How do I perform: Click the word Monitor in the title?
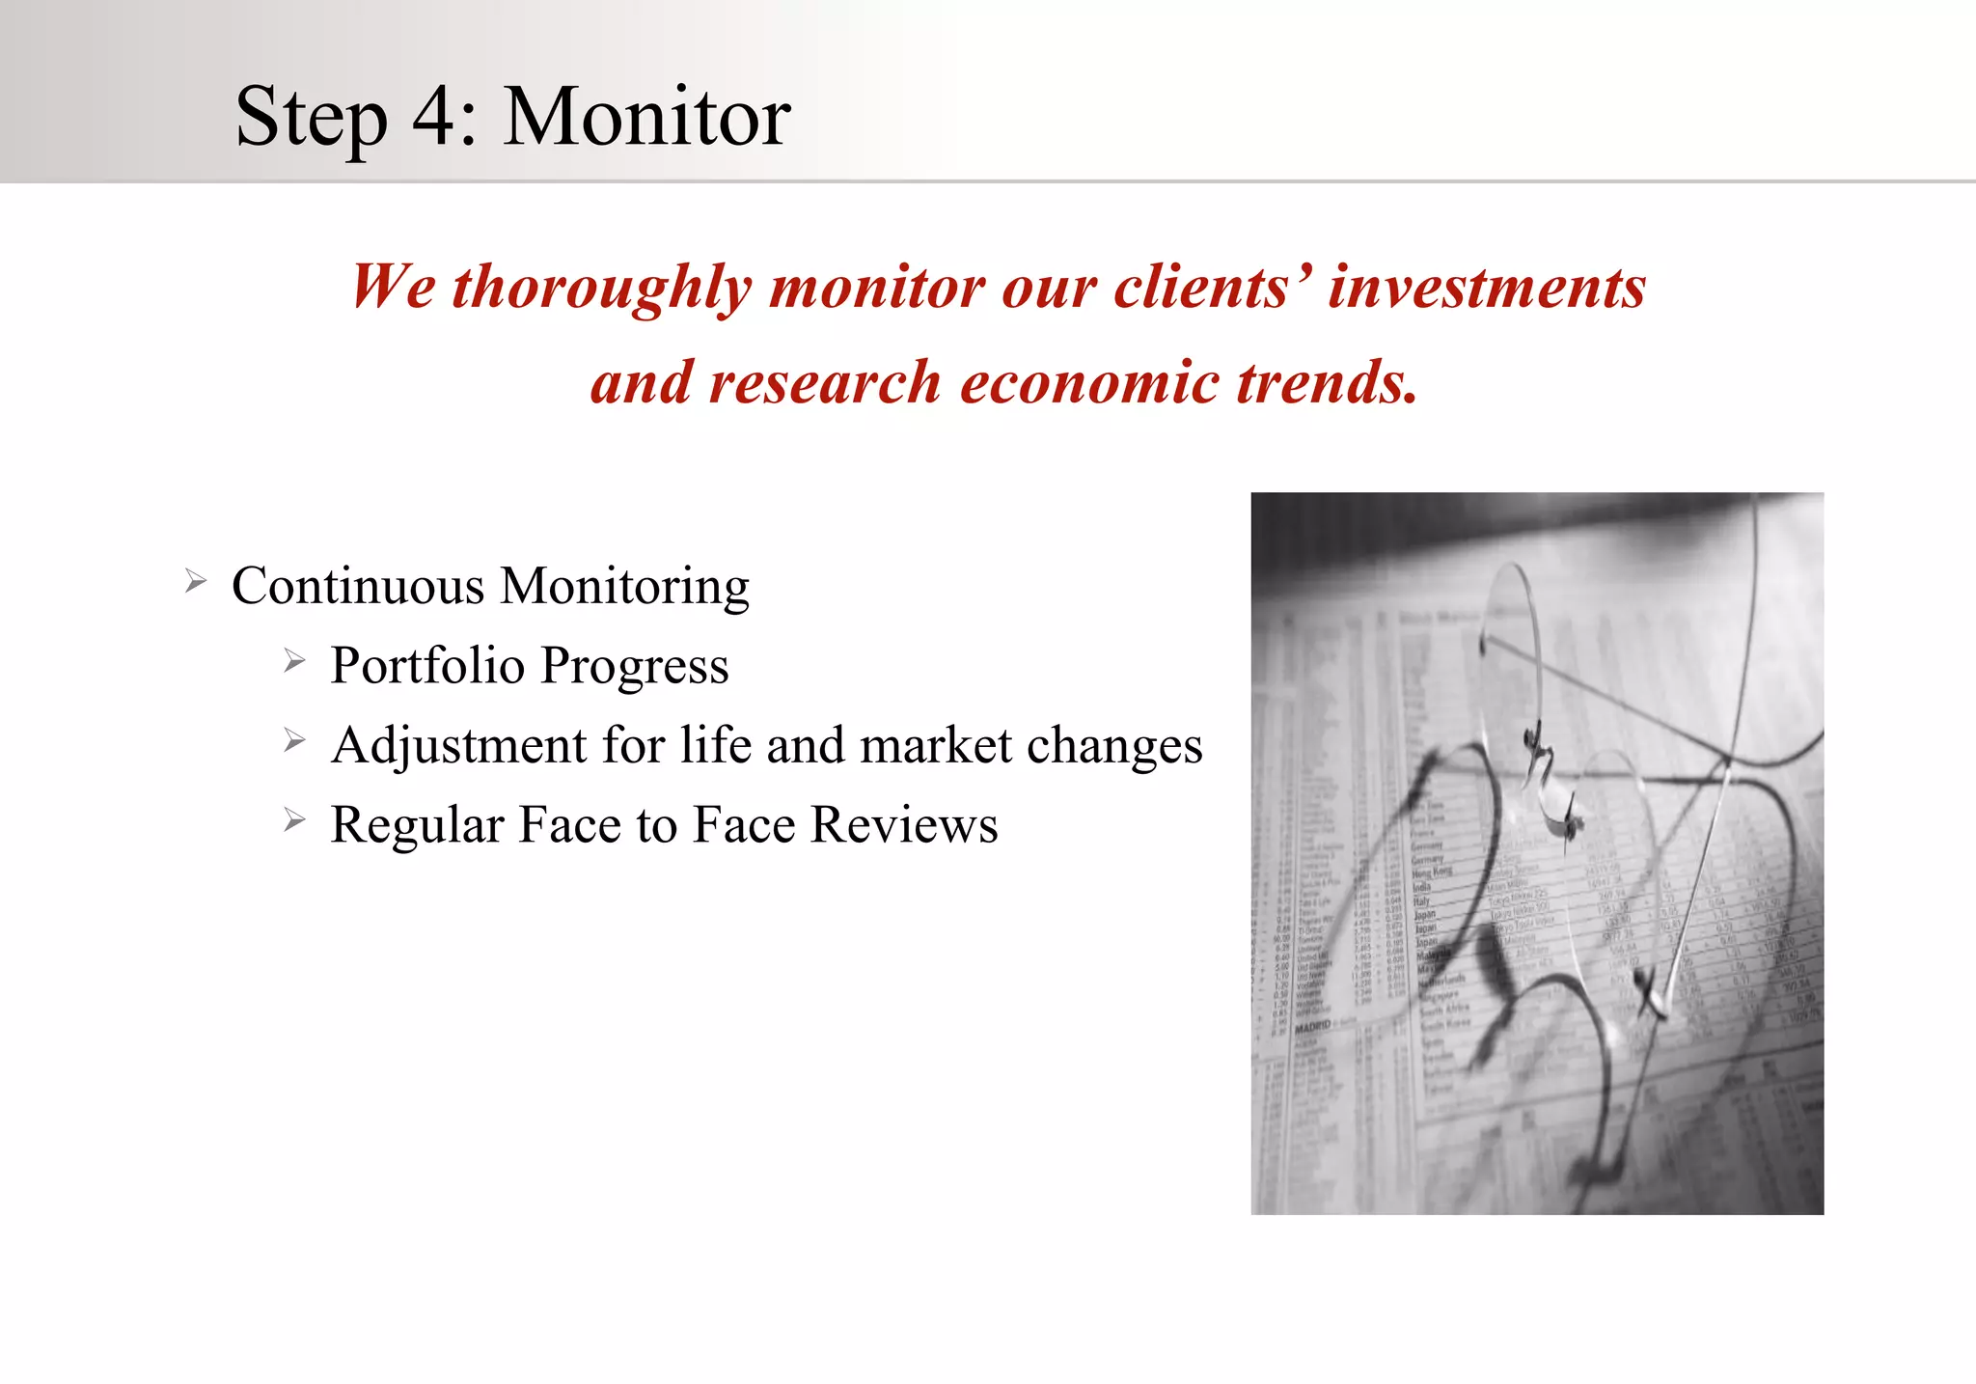pyautogui.click(x=646, y=118)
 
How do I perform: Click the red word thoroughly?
pyautogui.click(x=601, y=289)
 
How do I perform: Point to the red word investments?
pyautogui.click(x=1486, y=288)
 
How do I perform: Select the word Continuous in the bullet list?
pyautogui.click(x=358, y=587)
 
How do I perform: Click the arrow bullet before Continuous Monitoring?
pyautogui.click(x=196, y=581)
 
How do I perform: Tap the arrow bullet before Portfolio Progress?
pyautogui.click(x=294, y=661)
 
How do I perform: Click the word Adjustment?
pyautogui.click(x=458, y=746)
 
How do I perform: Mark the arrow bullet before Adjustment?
pyautogui.click(x=294, y=741)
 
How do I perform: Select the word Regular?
pyautogui.click(x=417, y=825)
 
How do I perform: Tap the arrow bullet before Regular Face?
pyautogui.click(x=294, y=820)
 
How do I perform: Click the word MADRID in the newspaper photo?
pyautogui.click(x=1312, y=1027)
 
